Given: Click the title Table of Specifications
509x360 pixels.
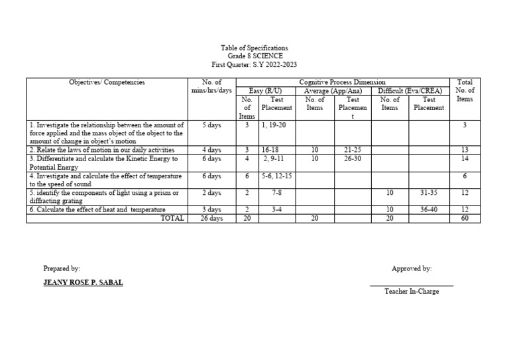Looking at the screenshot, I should tap(254, 48).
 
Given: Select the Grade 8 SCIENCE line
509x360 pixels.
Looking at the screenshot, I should tap(254, 56).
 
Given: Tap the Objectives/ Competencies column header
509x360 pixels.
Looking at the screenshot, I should tap(107, 82).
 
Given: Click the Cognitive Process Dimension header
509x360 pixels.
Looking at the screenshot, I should tap(342, 82).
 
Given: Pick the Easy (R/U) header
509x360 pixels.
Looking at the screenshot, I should tap(265, 90).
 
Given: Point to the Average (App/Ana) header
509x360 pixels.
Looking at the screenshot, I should tap(333, 90).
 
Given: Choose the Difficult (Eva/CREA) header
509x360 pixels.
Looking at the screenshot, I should tap(410, 90).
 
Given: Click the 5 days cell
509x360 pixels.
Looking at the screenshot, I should tap(211, 125).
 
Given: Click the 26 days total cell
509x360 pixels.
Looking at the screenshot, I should tap(211, 219).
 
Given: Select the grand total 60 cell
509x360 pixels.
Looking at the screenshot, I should tap(465, 219).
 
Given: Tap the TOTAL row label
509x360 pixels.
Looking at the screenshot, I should tap(172, 219).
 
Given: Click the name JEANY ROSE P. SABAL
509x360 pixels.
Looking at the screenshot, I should tap(82, 282).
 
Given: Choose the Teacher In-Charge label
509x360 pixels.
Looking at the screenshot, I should tap(412, 292).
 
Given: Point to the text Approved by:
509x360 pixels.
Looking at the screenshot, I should tap(411, 269).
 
